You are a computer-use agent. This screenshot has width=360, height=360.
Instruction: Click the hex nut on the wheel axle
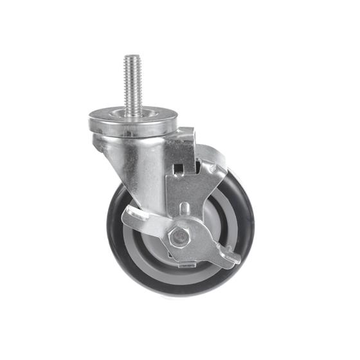coord(180,237)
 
